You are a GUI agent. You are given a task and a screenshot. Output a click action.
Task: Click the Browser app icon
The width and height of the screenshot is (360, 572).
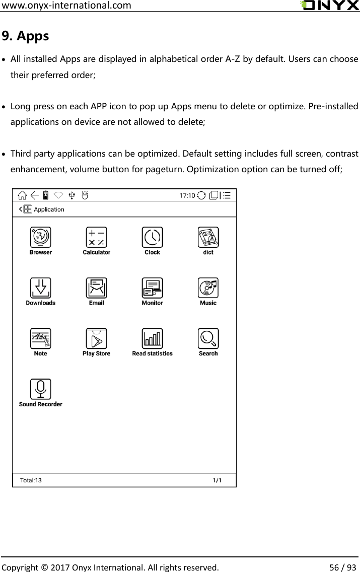pyautogui.click(x=41, y=237)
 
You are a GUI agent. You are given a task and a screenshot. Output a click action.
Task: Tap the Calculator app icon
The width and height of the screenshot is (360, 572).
pyautogui.click(x=96, y=237)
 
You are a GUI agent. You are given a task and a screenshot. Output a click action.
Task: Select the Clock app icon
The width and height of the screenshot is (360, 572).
pyautogui.click(x=152, y=237)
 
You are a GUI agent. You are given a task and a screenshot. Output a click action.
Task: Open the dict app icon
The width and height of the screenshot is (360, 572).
pyautogui.click(x=208, y=237)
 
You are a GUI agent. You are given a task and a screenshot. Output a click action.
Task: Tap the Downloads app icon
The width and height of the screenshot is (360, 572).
pyautogui.click(x=41, y=288)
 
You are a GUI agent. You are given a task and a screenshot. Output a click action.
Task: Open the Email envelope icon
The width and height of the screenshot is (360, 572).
pyautogui.click(x=96, y=288)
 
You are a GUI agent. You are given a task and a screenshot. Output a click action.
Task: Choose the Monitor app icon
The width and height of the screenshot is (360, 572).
pyautogui.click(x=152, y=288)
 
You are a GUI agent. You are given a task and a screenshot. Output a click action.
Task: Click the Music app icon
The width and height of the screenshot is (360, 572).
pyautogui.click(x=208, y=288)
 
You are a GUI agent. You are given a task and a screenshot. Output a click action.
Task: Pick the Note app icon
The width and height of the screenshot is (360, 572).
pyautogui.click(x=41, y=338)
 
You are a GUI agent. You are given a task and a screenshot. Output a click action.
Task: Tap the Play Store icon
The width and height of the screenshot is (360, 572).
pyautogui.click(x=96, y=338)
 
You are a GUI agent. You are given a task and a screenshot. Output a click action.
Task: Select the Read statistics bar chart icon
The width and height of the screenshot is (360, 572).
pyautogui.click(x=152, y=338)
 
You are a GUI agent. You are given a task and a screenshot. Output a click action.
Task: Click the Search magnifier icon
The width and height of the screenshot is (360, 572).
pyautogui.click(x=208, y=338)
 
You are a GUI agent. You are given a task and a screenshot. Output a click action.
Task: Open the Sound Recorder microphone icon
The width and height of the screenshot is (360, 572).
pyautogui.click(x=41, y=389)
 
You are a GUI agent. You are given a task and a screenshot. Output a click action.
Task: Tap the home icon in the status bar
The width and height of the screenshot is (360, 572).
pyautogui.click(x=23, y=195)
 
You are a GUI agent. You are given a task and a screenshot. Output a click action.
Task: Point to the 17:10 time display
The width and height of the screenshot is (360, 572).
pyautogui.click(x=188, y=195)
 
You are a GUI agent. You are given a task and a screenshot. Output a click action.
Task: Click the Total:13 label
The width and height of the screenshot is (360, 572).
pyautogui.click(x=31, y=480)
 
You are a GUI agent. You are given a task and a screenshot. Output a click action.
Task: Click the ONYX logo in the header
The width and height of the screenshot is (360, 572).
pyautogui.click(x=329, y=6)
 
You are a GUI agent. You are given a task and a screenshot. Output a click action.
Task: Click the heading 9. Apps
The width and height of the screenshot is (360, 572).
pyautogui.click(x=26, y=36)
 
